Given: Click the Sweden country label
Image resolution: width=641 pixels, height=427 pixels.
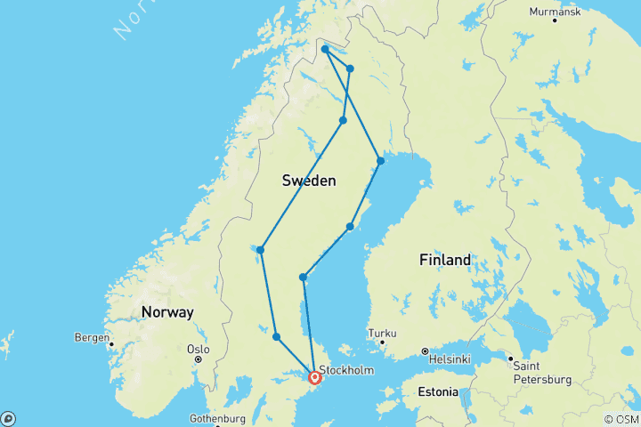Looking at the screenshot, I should (309, 181).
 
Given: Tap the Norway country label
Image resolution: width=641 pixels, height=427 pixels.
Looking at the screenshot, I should (166, 312).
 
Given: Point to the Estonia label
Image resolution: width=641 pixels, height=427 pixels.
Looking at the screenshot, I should (438, 391).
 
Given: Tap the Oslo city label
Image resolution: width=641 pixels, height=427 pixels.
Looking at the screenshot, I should (198, 350).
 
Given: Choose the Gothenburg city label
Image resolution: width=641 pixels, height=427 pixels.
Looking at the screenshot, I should (218, 418).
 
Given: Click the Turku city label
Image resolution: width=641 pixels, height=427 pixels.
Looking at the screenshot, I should (383, 333).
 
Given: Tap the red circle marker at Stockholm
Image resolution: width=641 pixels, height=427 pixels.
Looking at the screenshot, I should (315, 377).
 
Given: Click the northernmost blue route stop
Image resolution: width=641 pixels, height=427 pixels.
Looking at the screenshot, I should (326, 49).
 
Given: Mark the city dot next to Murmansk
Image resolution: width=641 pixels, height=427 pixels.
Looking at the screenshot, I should (555, 20).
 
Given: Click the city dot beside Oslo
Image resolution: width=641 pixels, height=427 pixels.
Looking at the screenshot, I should (199, 359).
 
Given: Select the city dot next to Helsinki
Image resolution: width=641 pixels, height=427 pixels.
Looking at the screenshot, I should (425, 350).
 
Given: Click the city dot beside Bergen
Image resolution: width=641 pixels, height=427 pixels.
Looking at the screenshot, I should (112, 342).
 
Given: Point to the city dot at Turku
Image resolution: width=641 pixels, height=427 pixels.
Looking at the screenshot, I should (383, 342).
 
